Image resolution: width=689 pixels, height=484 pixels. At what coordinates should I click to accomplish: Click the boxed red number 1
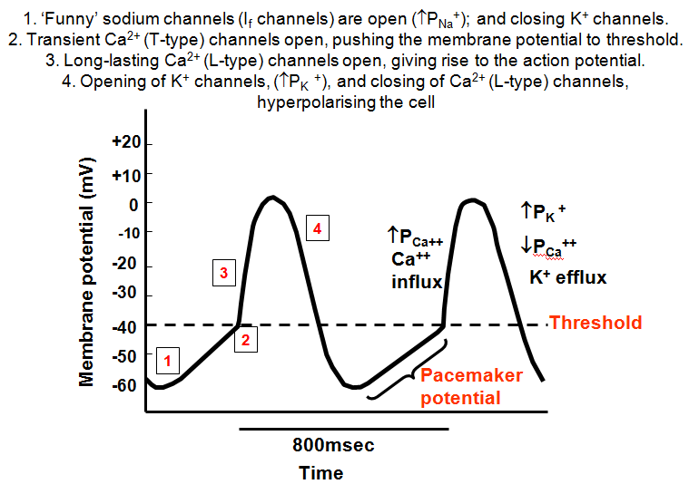click(x=167, y=361)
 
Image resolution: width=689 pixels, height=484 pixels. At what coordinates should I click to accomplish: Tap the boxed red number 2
click(x=246, y=340)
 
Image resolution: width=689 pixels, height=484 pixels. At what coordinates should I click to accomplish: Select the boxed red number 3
click(x=224, y=273)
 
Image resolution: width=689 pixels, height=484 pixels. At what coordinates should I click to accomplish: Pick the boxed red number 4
click(x=317, y=228)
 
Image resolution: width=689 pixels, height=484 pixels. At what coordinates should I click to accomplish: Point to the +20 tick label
click(x=126, y=141)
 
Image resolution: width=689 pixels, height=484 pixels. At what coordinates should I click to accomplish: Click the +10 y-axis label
click(x=126, y=176)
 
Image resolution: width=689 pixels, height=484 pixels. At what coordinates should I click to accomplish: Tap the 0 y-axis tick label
click(x=133, y=205)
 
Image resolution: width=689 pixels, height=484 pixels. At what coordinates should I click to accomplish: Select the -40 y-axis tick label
click(x=126, y=327)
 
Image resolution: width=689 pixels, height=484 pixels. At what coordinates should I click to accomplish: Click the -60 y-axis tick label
click(x=125, y=385)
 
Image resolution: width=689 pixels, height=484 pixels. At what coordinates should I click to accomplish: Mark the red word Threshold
click(x=595, y=323)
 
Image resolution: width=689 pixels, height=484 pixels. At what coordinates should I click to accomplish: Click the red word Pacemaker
click(x=471, y=375)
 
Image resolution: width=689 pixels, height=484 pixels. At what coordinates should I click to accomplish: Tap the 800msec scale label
click(x=333, y=445)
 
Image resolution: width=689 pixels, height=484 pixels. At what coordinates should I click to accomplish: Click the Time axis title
click(x=321, y=473)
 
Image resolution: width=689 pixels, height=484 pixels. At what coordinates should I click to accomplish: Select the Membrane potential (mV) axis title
click(x=86, y=272)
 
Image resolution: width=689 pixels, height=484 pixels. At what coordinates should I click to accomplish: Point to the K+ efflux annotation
click(x=568, y=276)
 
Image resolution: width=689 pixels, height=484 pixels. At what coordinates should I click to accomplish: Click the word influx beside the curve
click(x=417, y=282)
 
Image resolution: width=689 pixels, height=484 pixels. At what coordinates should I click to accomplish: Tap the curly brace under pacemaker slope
click(x=412, y=373)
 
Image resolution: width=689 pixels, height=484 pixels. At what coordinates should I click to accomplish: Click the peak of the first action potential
click(x=272, y=197)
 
